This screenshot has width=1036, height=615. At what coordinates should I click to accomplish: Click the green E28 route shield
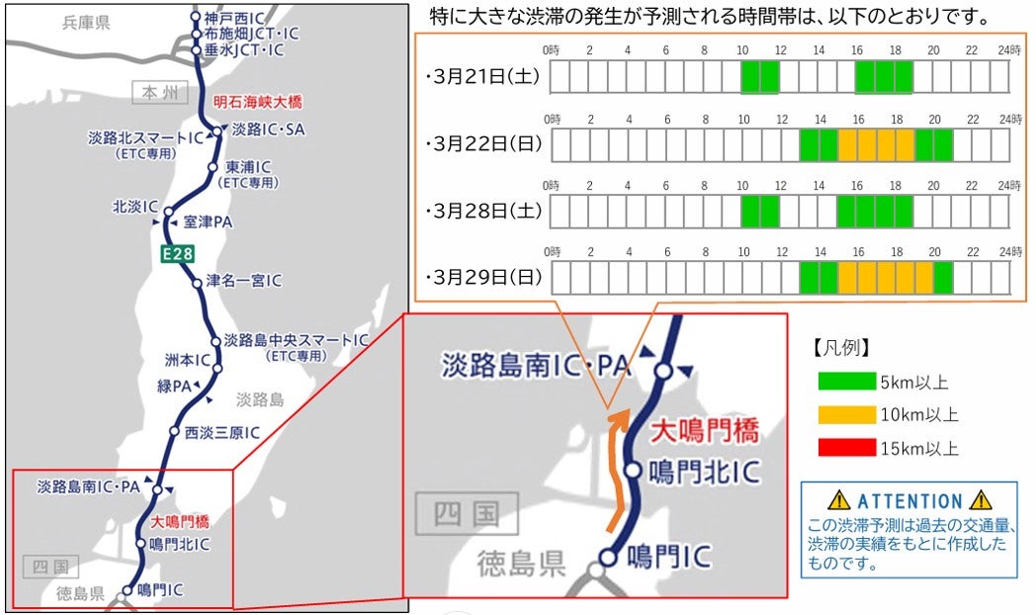tap(178, 254)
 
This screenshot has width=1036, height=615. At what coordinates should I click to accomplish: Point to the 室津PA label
tap(208, 222)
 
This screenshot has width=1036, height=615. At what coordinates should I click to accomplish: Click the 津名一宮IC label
tap(243, 281)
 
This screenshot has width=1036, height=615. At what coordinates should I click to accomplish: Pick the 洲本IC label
tap(187, 360)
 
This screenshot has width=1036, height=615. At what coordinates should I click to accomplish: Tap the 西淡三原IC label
tap(221, 432)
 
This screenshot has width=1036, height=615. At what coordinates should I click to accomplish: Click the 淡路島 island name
tap(260, 399)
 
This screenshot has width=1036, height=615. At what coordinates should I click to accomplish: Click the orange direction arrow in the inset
tap(619, 465)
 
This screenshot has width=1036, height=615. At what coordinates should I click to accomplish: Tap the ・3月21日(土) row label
tap(482, 77)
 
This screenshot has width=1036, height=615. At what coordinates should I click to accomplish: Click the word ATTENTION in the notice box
tap(908, 501)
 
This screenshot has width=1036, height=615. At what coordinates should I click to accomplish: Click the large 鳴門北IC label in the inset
tap(706, 472)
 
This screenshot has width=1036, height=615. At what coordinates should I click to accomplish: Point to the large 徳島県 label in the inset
tap(521, 564)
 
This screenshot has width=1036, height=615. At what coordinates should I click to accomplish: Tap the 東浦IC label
tap(248, 167)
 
